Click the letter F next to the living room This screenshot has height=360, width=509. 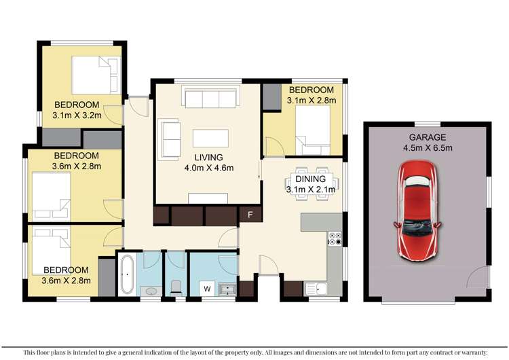click(x=250, y=216)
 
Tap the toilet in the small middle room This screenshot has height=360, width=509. click(x=175, y=286)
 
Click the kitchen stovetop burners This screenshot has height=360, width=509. click(x=335, y=239)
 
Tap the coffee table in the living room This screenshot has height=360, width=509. click(x=210, y=139)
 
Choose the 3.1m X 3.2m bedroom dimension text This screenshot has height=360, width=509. click(x=77, y=115)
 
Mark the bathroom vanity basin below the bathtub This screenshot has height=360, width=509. click(x=151, y=291)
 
